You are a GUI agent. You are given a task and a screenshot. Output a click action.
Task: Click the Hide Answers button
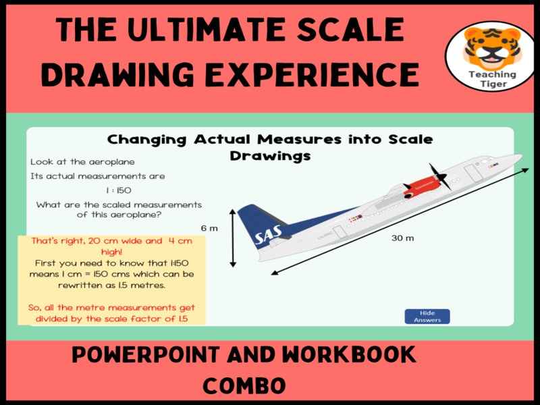427,317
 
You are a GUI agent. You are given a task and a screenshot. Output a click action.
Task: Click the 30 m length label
404,238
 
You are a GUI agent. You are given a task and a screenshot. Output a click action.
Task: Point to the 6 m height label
209,228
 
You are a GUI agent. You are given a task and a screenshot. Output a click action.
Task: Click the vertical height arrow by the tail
233,238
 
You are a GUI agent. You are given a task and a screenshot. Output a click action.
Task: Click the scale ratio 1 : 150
119,190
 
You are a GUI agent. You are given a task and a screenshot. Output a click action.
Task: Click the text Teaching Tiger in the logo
491,79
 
